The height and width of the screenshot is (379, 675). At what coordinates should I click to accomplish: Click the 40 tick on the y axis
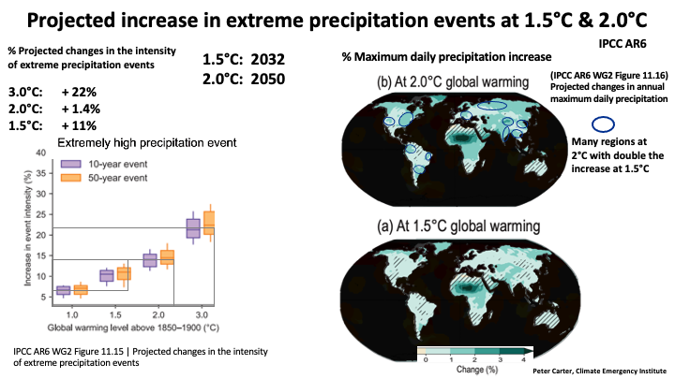tap(40, 152)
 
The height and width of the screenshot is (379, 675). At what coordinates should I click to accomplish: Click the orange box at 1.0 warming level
tap(81, 290)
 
